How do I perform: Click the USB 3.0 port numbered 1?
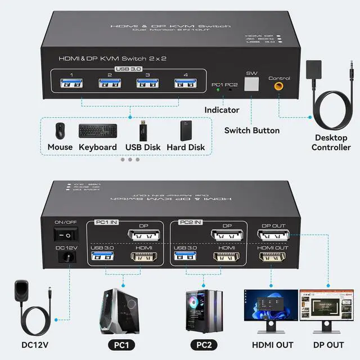[71, 84]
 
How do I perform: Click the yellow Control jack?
[278, 87]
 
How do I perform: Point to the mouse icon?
[60, 130]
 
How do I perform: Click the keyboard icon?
[98, 131]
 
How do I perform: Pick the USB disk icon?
[143, 130]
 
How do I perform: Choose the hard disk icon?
[186, 130]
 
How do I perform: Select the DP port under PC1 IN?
[144, 235]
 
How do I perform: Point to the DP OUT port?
[272, 235]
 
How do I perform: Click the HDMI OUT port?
[272, 258]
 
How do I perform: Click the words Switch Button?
[251, 130]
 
